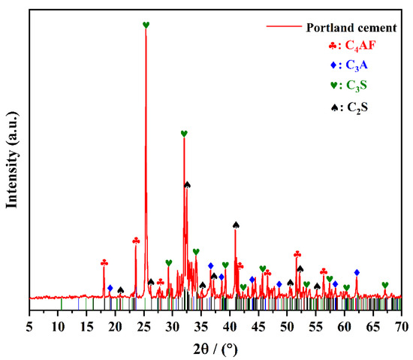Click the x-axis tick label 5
pos(29,325)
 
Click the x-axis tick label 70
pos(402,325)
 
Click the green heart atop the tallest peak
pos(146,25)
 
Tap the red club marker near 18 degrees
pos(104,262)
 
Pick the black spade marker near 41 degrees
pos(236,224)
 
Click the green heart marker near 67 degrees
pos(385,285)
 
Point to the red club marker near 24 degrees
pos(136,241)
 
